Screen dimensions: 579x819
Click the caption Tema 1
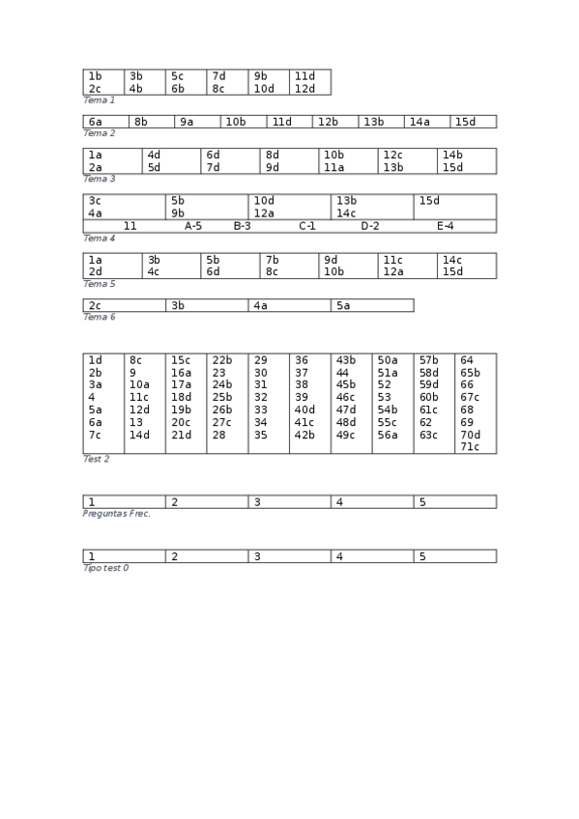99,99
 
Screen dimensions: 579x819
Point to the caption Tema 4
99,238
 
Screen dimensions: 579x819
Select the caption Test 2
96,459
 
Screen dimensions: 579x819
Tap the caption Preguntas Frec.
116,513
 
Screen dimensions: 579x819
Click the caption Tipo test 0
105,568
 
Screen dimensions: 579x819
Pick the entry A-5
193,226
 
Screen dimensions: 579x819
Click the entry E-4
445,226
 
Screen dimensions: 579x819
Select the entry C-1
307,226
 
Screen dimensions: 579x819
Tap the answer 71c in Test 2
470,447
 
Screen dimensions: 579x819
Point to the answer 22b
222,360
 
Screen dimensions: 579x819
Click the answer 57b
429,360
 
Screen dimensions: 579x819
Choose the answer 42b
304,435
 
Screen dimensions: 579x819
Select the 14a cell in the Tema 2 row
419,122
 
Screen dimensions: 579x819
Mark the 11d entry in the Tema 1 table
304,76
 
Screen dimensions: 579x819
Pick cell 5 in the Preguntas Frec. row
422,502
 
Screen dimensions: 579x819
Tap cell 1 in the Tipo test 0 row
92,557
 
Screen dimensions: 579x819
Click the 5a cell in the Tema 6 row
343,306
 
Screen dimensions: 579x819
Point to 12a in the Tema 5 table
392,271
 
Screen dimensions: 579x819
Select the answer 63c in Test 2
429,435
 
